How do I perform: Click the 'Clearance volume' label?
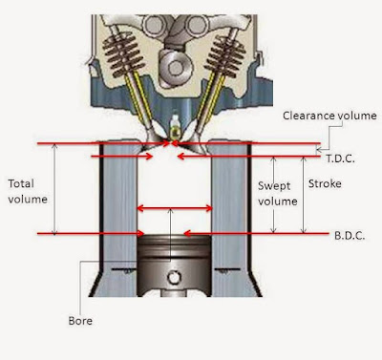[329, 116]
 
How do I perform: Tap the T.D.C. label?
[340, 159]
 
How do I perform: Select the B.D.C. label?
[350, 236]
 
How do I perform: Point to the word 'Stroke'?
[325, 183]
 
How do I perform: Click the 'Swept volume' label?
[277, 194]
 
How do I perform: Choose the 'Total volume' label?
[28, 191]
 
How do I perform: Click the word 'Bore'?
[80, 321]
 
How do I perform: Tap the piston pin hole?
[174, 277]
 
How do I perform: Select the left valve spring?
[121, 56]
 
